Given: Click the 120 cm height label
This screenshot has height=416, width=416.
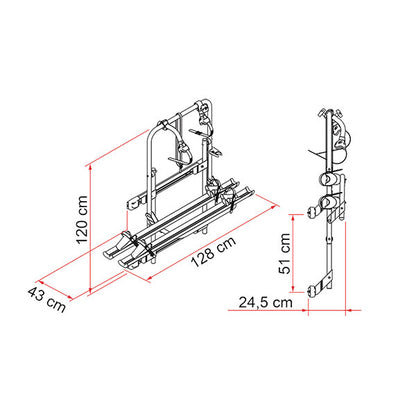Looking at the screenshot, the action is [82, 220].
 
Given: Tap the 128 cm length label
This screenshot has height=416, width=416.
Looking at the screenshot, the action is [214, 251].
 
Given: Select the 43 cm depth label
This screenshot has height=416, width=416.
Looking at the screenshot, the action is [46, 300].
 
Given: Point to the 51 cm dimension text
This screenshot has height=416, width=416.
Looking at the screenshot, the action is [284, 253].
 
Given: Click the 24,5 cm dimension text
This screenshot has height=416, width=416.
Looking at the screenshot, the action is [266, 302].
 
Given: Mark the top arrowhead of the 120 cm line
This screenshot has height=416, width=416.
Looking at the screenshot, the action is [90, 169].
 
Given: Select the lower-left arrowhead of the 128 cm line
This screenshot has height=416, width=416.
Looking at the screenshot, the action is [150, 279].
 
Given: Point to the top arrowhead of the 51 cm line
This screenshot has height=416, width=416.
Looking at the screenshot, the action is [293, 218].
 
